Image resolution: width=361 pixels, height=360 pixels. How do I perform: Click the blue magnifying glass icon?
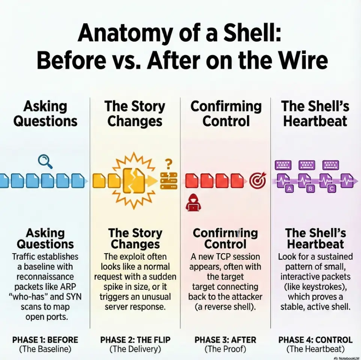coord(45,162)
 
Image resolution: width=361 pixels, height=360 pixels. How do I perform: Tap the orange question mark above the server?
coord(168,164)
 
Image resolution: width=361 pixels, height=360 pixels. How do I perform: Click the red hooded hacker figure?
coord(193,202)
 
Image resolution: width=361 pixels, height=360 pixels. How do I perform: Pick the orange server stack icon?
coord(169,181)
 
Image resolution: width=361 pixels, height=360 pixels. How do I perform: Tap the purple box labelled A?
coord(290,189)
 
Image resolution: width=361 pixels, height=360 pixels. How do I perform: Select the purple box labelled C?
coord(332,189)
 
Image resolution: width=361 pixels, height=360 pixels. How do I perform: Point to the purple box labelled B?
coord(310,189)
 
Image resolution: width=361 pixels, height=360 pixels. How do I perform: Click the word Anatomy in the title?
coord(125,34)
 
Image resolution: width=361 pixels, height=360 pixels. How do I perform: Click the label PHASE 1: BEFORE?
coord(45,340)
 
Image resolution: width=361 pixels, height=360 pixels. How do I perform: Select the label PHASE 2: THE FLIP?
coord(135,340)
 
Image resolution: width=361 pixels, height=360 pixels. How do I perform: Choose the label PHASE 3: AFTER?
coord(225,340)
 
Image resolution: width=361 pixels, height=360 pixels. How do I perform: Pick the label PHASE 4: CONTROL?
coord(316,340)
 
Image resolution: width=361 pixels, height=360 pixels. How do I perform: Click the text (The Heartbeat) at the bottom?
coord(316,349)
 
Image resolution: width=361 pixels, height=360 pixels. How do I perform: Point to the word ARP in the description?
coord(68,286)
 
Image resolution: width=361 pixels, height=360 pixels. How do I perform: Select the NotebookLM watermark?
coord(347,358)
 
